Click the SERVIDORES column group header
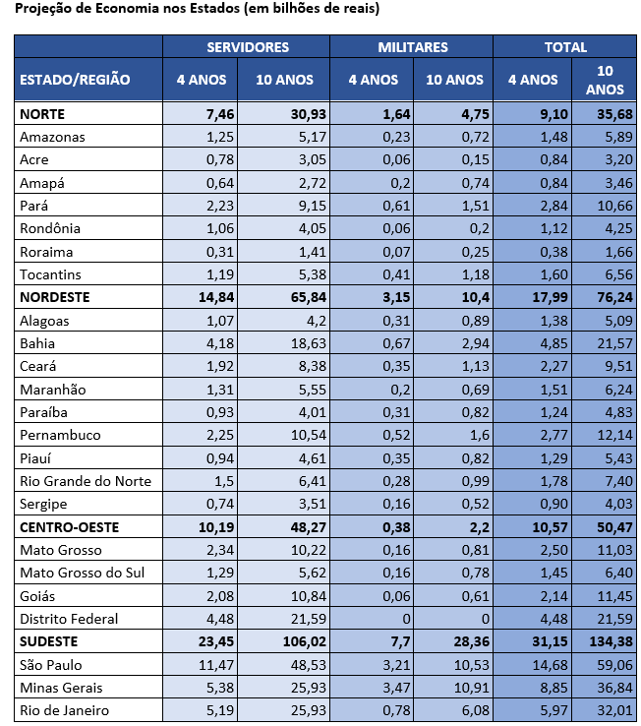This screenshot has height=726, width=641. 248,47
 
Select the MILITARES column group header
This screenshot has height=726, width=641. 413,47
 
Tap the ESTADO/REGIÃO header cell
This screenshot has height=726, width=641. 75,80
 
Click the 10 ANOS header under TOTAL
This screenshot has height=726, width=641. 605,80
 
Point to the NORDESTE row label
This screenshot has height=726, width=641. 55,297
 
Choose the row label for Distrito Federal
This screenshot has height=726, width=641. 69,619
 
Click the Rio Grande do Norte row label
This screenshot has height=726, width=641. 86,481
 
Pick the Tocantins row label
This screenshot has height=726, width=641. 50,274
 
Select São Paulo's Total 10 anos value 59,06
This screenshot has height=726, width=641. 614,665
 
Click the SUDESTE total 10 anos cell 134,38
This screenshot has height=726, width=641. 611,641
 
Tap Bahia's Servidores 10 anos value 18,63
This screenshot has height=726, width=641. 309,343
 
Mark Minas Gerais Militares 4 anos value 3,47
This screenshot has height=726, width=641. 396,688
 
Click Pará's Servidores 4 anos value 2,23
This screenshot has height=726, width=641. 220,206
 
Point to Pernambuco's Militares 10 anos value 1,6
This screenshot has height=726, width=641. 479,435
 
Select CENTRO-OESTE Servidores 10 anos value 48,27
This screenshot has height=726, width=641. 309,527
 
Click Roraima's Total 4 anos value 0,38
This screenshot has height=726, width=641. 554,252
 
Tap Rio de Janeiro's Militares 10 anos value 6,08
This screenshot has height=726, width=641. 475,710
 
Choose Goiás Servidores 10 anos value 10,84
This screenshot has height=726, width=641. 309,596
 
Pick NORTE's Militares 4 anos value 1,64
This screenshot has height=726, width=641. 396,114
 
